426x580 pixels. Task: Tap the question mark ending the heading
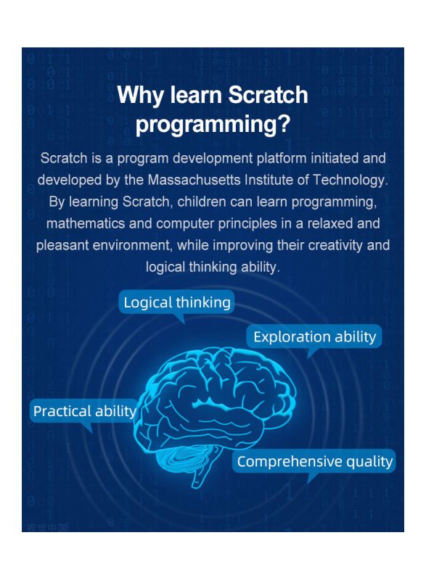284,123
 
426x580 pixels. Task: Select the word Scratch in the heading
268,94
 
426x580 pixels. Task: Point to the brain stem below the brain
202,473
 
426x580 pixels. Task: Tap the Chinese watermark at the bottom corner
48,528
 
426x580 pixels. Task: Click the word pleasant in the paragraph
62,246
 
